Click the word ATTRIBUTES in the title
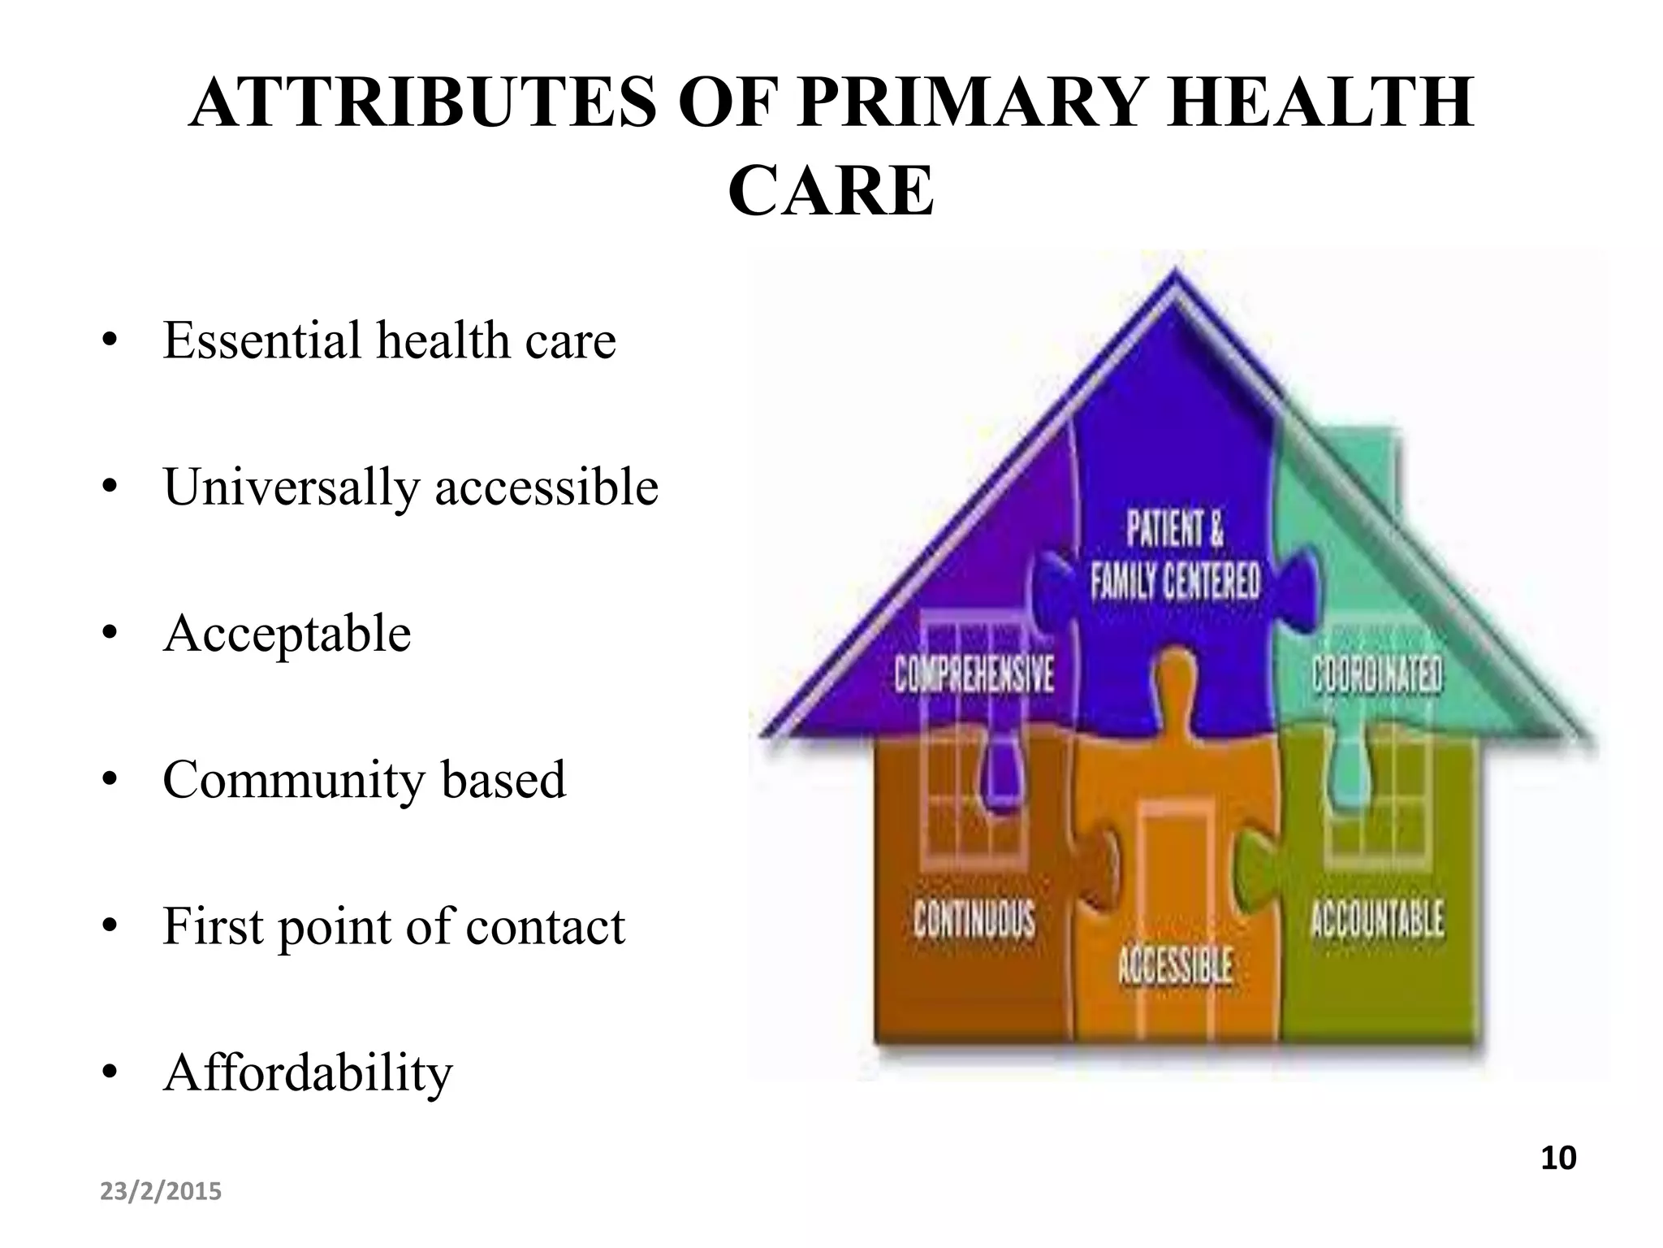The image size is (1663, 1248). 421,102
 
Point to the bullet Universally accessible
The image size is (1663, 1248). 410,487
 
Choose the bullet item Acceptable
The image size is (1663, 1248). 287,633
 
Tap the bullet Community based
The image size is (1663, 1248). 364,779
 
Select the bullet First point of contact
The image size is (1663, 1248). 394,925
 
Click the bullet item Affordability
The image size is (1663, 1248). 307,1072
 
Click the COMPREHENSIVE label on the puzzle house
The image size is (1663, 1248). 974,675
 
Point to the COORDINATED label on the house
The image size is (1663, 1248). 1377,675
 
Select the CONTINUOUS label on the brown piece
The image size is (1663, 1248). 974,920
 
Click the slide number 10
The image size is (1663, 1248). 1558,1158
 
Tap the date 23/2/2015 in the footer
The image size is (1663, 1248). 161,1192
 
